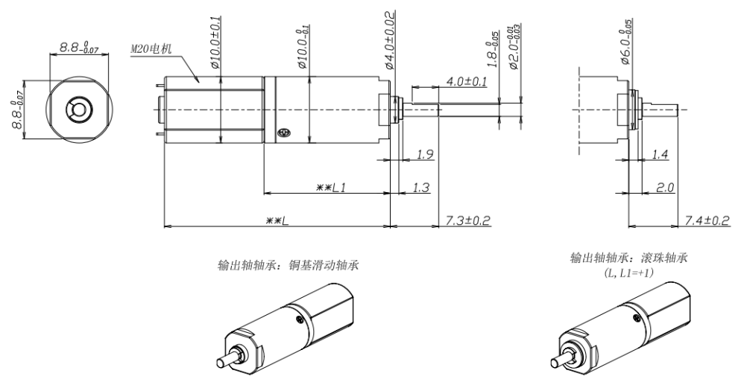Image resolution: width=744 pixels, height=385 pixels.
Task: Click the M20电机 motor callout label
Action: (151, 49)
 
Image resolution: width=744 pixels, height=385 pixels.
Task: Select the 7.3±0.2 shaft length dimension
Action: (468, 220)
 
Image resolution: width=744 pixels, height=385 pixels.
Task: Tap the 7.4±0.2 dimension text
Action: (707, 220)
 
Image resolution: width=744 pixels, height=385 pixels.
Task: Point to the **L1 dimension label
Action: (331, 188)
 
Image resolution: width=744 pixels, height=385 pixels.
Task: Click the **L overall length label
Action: (277, 220)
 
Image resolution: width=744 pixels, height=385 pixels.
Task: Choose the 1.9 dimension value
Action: (425, 153)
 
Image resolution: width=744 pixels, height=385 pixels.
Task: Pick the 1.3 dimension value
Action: (421, 188)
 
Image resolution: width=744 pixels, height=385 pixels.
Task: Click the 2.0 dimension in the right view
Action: (665, 188)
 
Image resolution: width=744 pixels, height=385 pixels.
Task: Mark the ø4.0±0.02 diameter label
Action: (389, 40)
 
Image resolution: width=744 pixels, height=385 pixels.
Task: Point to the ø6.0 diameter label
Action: (625, 42)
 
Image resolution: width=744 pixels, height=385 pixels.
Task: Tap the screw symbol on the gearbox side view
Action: (283, 134)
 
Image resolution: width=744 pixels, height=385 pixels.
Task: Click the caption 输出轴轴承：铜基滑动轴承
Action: (288, 265)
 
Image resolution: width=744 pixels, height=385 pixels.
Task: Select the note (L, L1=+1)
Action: (628, 273)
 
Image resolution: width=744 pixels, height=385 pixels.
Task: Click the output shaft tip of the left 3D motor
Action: (221, 362)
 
